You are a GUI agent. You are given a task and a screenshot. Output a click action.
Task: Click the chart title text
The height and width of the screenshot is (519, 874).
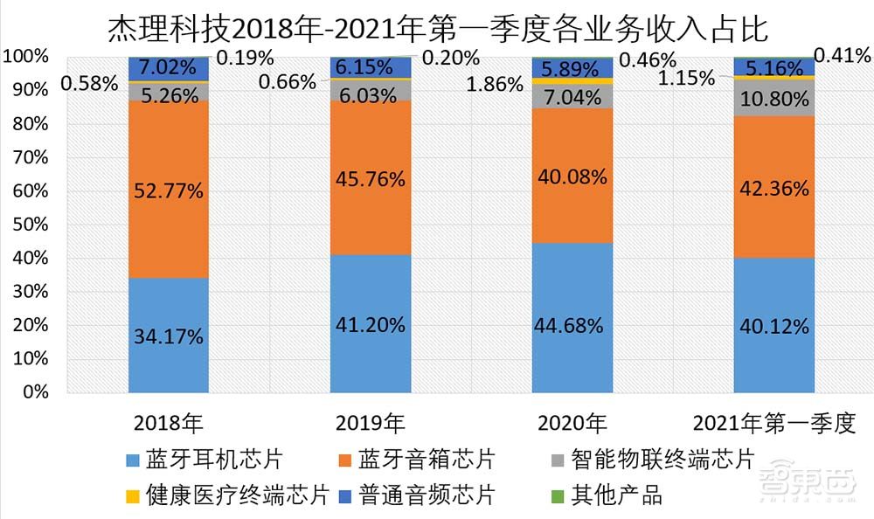coord(437,29)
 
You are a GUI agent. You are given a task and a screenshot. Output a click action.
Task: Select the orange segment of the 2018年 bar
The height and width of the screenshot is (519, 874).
coord(169,218)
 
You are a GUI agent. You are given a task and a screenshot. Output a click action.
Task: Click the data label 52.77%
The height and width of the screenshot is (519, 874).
coord(169,190)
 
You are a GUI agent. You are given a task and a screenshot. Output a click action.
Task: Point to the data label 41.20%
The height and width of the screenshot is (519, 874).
coord(371,325)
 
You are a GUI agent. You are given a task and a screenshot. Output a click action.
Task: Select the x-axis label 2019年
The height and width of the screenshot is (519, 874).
coord(371,424)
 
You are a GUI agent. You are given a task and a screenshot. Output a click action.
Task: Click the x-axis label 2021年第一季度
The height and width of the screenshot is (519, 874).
coord(773,424)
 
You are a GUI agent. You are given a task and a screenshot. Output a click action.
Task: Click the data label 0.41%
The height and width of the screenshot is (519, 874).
coord(841,56)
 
